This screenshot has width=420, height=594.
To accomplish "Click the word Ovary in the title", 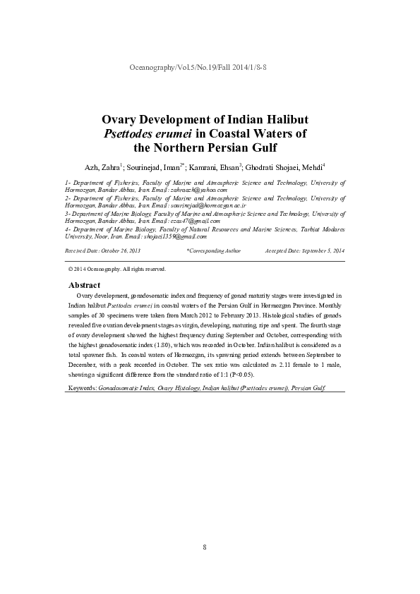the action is [124, 119].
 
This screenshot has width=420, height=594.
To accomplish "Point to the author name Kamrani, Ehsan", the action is [215, 166].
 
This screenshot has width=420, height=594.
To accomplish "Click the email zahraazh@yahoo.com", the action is [196, 190].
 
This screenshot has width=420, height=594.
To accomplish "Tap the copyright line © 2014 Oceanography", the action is [116, 269].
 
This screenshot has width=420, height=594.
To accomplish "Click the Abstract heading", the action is [84, 284].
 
